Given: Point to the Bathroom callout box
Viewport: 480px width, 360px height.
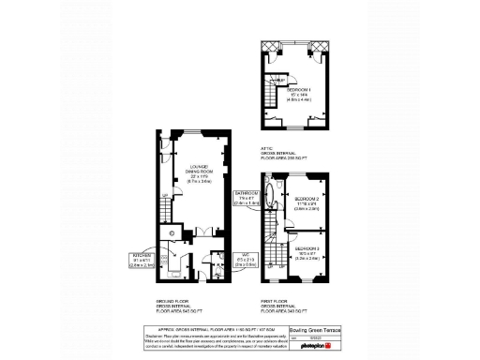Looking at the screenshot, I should tap(247, 198).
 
